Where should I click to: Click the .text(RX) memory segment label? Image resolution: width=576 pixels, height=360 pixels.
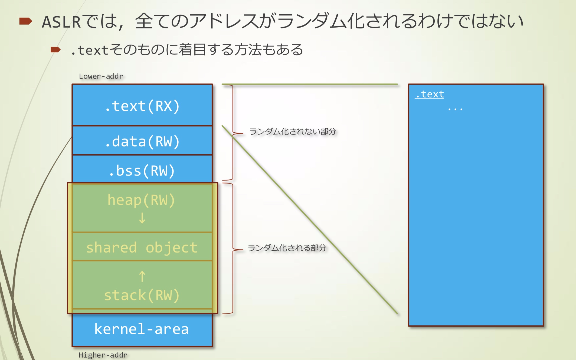(x=142, y=106)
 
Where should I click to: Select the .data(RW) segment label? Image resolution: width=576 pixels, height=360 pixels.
(x=142, y=142)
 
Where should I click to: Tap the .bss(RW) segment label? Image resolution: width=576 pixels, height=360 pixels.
(x=142, y=171)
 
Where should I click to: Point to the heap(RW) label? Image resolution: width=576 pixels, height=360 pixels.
(x=141, y=200)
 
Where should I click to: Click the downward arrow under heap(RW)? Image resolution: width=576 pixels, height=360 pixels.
(x=142, y=218)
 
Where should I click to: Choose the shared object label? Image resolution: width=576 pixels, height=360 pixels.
(x=142, y=248)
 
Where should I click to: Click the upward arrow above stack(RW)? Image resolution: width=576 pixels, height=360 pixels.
(x=142, y=277)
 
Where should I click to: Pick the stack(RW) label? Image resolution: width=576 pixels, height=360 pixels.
(x=142, y=295)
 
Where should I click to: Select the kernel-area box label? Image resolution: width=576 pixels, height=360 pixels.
(x=141, y=329)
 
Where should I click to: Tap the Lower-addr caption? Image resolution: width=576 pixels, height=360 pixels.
(x=101, y=76)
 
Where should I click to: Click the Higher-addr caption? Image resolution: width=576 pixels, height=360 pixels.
(x=103, y=355)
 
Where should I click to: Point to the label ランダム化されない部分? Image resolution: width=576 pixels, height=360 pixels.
(x=292, y=132)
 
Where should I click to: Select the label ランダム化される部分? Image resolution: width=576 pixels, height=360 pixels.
(x=287, y=248)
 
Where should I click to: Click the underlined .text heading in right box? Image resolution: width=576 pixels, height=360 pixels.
(x=430, y=94)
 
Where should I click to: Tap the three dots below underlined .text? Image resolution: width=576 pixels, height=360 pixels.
(x=455, y=109)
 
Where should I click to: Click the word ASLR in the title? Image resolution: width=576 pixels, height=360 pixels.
(x=61, y=22)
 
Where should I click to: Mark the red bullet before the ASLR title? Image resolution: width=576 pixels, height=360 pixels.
(x=26, y=21)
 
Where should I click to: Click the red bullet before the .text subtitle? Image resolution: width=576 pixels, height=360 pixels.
(x=55, y=50)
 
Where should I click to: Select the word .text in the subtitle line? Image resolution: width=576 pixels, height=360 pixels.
(x=90, y=50)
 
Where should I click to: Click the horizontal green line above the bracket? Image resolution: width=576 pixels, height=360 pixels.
(x=310, y=84)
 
